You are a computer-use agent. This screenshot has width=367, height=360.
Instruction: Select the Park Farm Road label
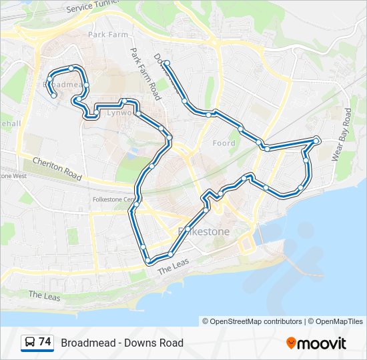145,73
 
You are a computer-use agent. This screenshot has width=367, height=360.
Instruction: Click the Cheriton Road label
57,170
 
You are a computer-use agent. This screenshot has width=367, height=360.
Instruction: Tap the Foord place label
224,143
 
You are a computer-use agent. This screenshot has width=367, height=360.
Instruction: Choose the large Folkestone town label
204,231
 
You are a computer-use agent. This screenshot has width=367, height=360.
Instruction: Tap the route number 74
45,342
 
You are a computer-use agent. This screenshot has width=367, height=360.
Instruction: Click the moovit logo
316,343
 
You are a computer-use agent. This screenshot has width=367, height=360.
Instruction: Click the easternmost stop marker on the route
316,139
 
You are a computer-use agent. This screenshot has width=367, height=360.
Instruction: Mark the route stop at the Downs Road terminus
167,63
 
